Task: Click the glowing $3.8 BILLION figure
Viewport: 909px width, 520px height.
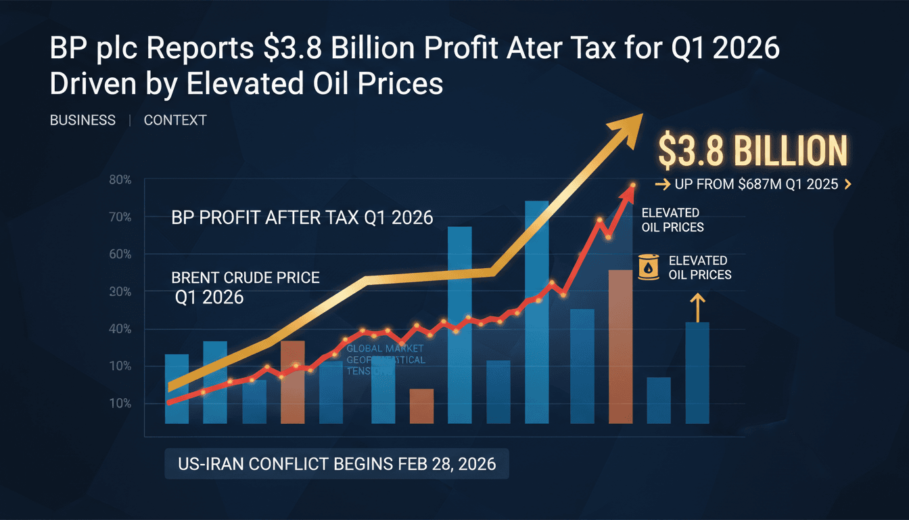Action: coord(752,151)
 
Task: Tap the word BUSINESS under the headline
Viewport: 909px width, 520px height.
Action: coord(83,121)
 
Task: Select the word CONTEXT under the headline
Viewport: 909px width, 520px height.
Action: coord(175,121)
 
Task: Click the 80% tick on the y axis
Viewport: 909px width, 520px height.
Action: coord(119,180)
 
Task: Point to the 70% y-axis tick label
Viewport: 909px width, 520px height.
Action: coord(119,217)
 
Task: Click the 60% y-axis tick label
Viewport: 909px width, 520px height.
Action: coord(119,255)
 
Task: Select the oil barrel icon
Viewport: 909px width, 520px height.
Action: coord(649,267)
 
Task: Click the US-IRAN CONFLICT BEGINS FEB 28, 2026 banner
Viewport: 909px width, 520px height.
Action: coord(336,464)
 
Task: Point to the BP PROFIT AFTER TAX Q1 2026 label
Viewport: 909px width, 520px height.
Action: coord(302,218)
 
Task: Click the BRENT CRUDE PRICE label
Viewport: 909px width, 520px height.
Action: coord(245,278)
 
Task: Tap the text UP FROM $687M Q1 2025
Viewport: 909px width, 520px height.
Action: coord(753,184)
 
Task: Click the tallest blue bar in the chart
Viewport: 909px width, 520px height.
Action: coord(536,311)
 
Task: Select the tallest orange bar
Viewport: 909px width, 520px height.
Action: coord(621,347)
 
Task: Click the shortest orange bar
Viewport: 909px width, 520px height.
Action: coord(421,406)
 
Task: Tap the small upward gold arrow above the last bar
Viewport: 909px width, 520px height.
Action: coord(697,305)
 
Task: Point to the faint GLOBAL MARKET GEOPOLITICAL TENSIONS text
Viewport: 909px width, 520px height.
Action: coord(386,360)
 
